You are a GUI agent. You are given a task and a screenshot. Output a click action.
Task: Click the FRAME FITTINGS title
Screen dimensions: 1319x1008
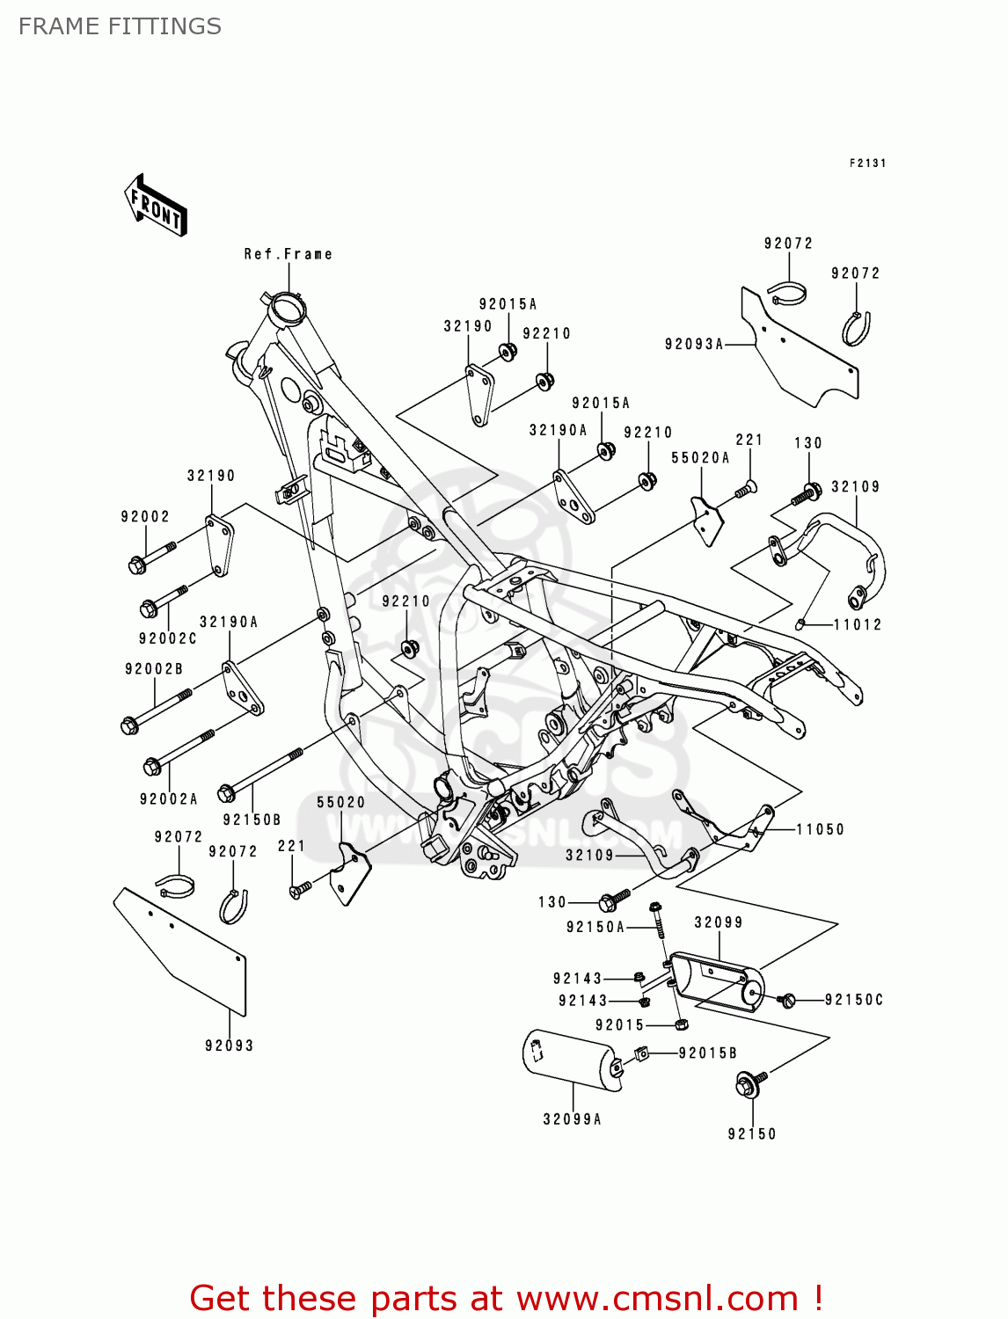pos(120,26)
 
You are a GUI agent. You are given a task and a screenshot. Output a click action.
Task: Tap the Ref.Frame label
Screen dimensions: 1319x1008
pos(289,254)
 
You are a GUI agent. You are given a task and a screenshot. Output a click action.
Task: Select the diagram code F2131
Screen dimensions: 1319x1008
pos(867,164)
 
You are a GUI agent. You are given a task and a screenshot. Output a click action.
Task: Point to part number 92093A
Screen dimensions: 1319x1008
pos(694,344)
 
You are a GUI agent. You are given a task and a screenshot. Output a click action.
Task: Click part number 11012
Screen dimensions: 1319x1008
pos(858,624)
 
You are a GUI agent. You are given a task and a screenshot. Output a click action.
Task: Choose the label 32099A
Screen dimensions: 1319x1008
pos(573,1119)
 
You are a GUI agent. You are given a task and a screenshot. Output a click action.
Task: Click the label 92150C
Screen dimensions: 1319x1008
pos(854,1000)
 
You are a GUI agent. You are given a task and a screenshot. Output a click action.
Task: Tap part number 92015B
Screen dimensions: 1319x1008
pos(708,1053)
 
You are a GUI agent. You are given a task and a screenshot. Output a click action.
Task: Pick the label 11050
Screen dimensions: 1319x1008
pos(821,829)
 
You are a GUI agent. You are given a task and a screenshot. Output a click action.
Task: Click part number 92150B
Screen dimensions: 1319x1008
pos(252,820)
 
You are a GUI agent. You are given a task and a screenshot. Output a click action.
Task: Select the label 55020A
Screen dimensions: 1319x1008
pos(701,457)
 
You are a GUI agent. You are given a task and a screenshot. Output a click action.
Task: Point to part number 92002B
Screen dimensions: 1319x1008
pos(154,669)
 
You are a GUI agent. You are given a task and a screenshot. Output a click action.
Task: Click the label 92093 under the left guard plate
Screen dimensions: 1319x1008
pos(230,1046)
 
